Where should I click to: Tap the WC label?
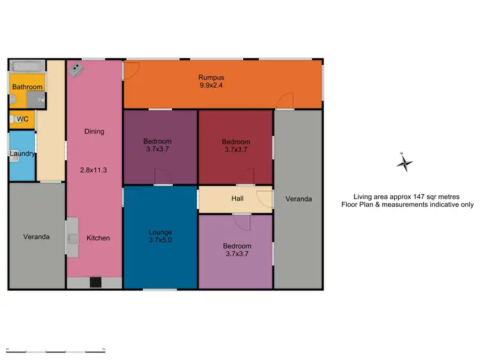click(x=22, y=119)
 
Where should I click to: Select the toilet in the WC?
click(x=12, y=119)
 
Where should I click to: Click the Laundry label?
click(x=22, y=153)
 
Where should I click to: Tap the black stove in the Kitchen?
click(x=95, y=281)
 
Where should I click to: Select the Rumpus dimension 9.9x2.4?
click(x=211, y=85)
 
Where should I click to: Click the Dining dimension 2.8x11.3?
click(x=94, y=170)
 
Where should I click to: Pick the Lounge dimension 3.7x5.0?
click(x=161, y=241)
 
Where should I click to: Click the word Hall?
click(x=237, y=199)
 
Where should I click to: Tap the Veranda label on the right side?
click(x=298, y=199)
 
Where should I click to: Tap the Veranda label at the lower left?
click(x=36, y=236)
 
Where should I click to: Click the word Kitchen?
click(x=99, y=238)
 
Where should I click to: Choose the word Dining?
click(x=94, y=131)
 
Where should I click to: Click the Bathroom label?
click(x=28, y=87)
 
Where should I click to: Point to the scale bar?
click(x=56, y=350)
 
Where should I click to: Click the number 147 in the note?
click(x=419, y=197)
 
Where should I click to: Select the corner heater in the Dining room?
click(x=76, y=68)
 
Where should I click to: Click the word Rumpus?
click(x=211, y=77)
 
